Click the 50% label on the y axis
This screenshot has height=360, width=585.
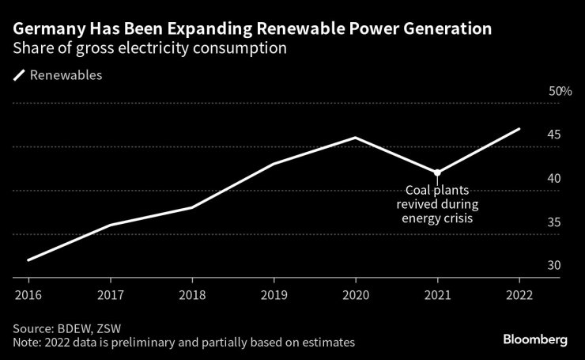pyautogui.click(x=560, y=92)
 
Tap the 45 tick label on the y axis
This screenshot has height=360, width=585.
pyautogui.click(x=554, y=135)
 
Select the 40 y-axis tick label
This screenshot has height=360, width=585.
pyautogui.click(x=554, y=179)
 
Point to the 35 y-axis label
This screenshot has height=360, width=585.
pyautogui.click(x=554, y=222)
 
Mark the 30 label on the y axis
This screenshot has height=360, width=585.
pyautogui.click(x=554, y=266)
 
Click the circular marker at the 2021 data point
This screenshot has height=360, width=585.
pyautogui.click(x=437, y=172)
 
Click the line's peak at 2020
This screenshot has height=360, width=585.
pyautogui.click(x=356, y=138)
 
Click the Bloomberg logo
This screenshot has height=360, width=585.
pyautogui.click(x=535, y=339)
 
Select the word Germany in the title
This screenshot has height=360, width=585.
pyautogui.click(x=50, y=29)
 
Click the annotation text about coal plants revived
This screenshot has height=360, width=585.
pyautogui.click(x=437, y=204)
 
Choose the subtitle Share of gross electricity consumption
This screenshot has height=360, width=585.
pyautogui.click(x=149, y=49)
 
